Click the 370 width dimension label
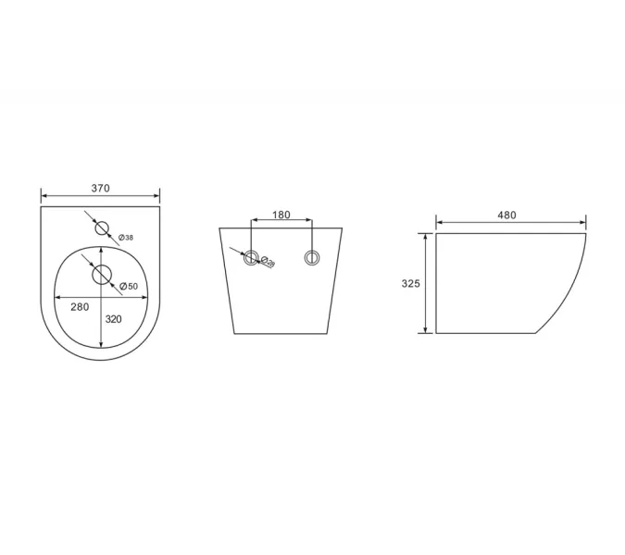[100, 189]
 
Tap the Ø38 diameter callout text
[126, 238]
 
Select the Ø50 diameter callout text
[129, 286]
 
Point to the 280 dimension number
[80, 307]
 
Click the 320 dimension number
[113, 319]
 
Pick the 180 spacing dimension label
[281, 215]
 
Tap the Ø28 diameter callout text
[269, 262]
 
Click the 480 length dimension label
[506, 215]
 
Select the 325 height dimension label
[410, 283]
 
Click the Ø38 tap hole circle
[102, 228]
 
